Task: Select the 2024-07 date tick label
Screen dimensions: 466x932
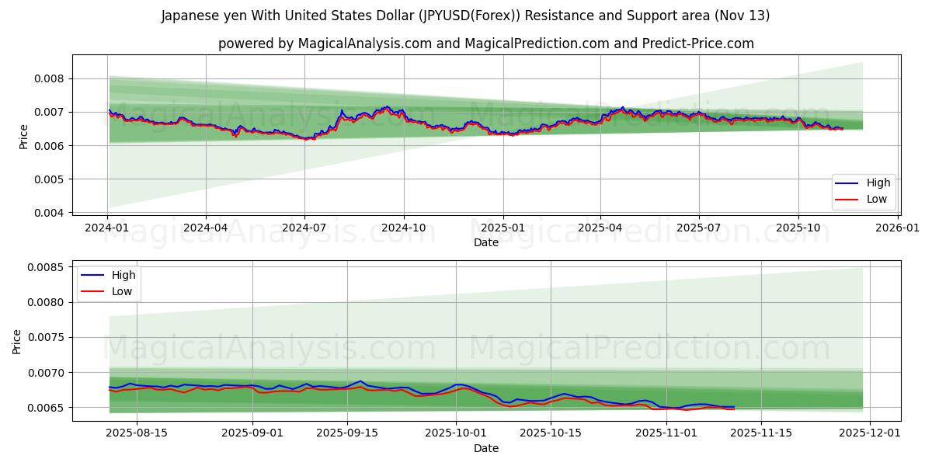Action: [304, 228]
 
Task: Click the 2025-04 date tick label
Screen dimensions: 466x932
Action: [600, 228]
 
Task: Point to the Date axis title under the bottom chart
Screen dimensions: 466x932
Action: [486, 448]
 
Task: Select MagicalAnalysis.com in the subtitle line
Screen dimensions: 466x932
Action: [364, 43]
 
